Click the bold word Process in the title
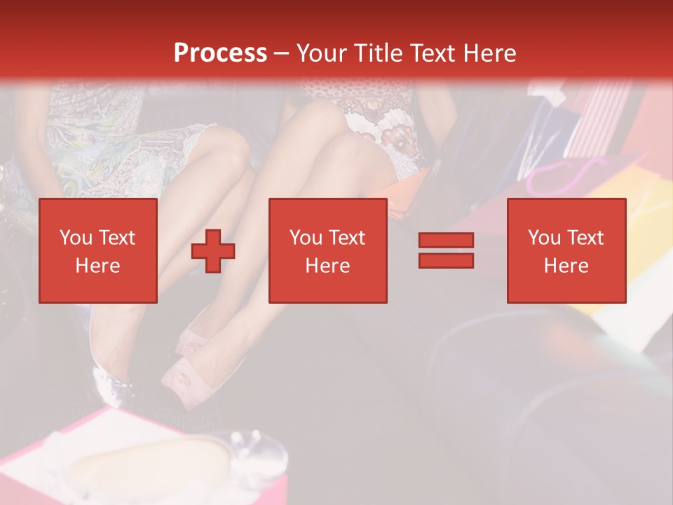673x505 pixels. click(220, 53)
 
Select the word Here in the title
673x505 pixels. click(489, 53)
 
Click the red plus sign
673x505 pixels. click(213, 251)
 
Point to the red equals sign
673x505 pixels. click(446, 250)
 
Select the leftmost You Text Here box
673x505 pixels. click(98, 250)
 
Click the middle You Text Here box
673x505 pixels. click(327, 250)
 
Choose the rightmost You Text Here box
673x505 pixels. click(566, 250)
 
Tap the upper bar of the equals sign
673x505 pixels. click(446, 241)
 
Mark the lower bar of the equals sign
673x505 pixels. click(446, 260)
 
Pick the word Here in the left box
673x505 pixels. click(97, 266)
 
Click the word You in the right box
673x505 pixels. click(543, 238)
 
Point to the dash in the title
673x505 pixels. click(282, 53)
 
